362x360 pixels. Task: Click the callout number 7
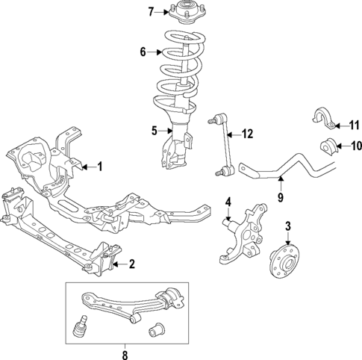[150, 11]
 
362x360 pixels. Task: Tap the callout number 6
[143, 52]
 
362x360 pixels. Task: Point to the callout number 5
[154, 131]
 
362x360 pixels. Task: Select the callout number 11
[355, 125]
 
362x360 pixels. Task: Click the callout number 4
[229, 201]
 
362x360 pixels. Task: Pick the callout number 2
[131, 263]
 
